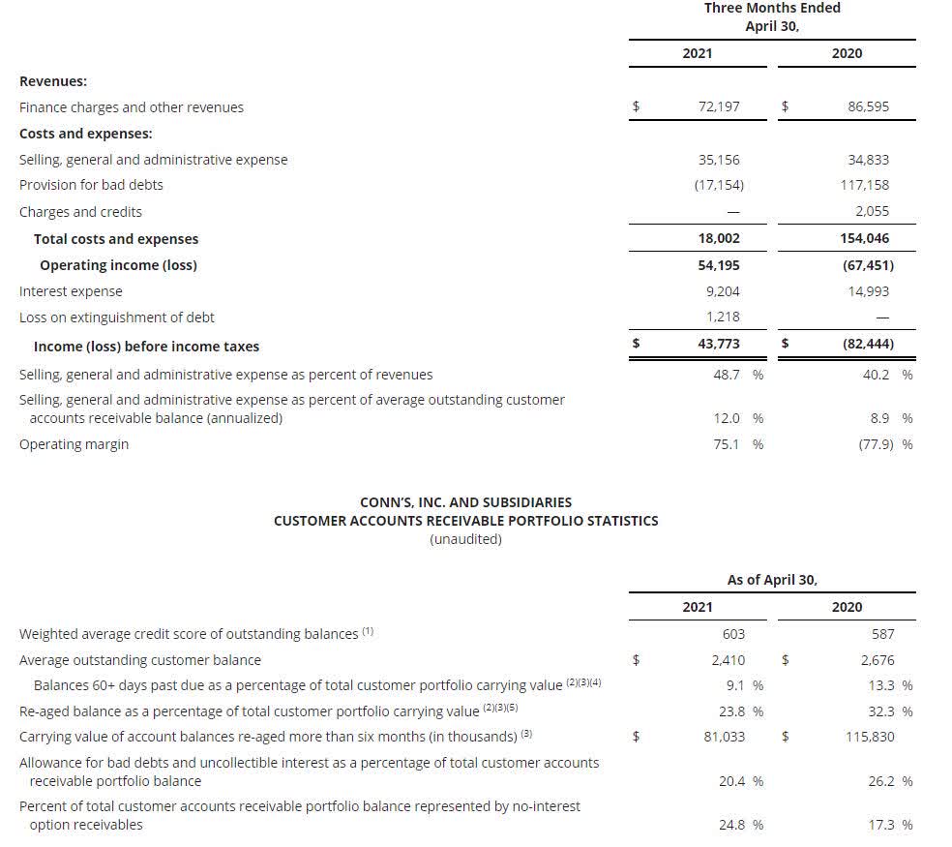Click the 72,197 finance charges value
[x=718, y=106]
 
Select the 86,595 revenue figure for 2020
[x=868, y=106]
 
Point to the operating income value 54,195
[x=718, y=264]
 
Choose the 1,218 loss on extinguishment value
[x=724, y=317]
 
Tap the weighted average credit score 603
[x=733, y=634]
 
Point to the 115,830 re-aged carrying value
[x=870, y=737]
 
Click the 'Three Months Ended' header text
[x=772, y=8]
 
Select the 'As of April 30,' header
[x=772, y=580]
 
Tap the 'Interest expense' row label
[x=71, y=291]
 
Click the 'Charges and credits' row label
[x=80, y=212]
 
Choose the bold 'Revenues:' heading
[x=53, y=82]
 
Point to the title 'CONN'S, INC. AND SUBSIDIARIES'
[x=465, y=502]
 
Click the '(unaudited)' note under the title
[x=465, y=539]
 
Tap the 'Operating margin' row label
[x=74, y=444]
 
